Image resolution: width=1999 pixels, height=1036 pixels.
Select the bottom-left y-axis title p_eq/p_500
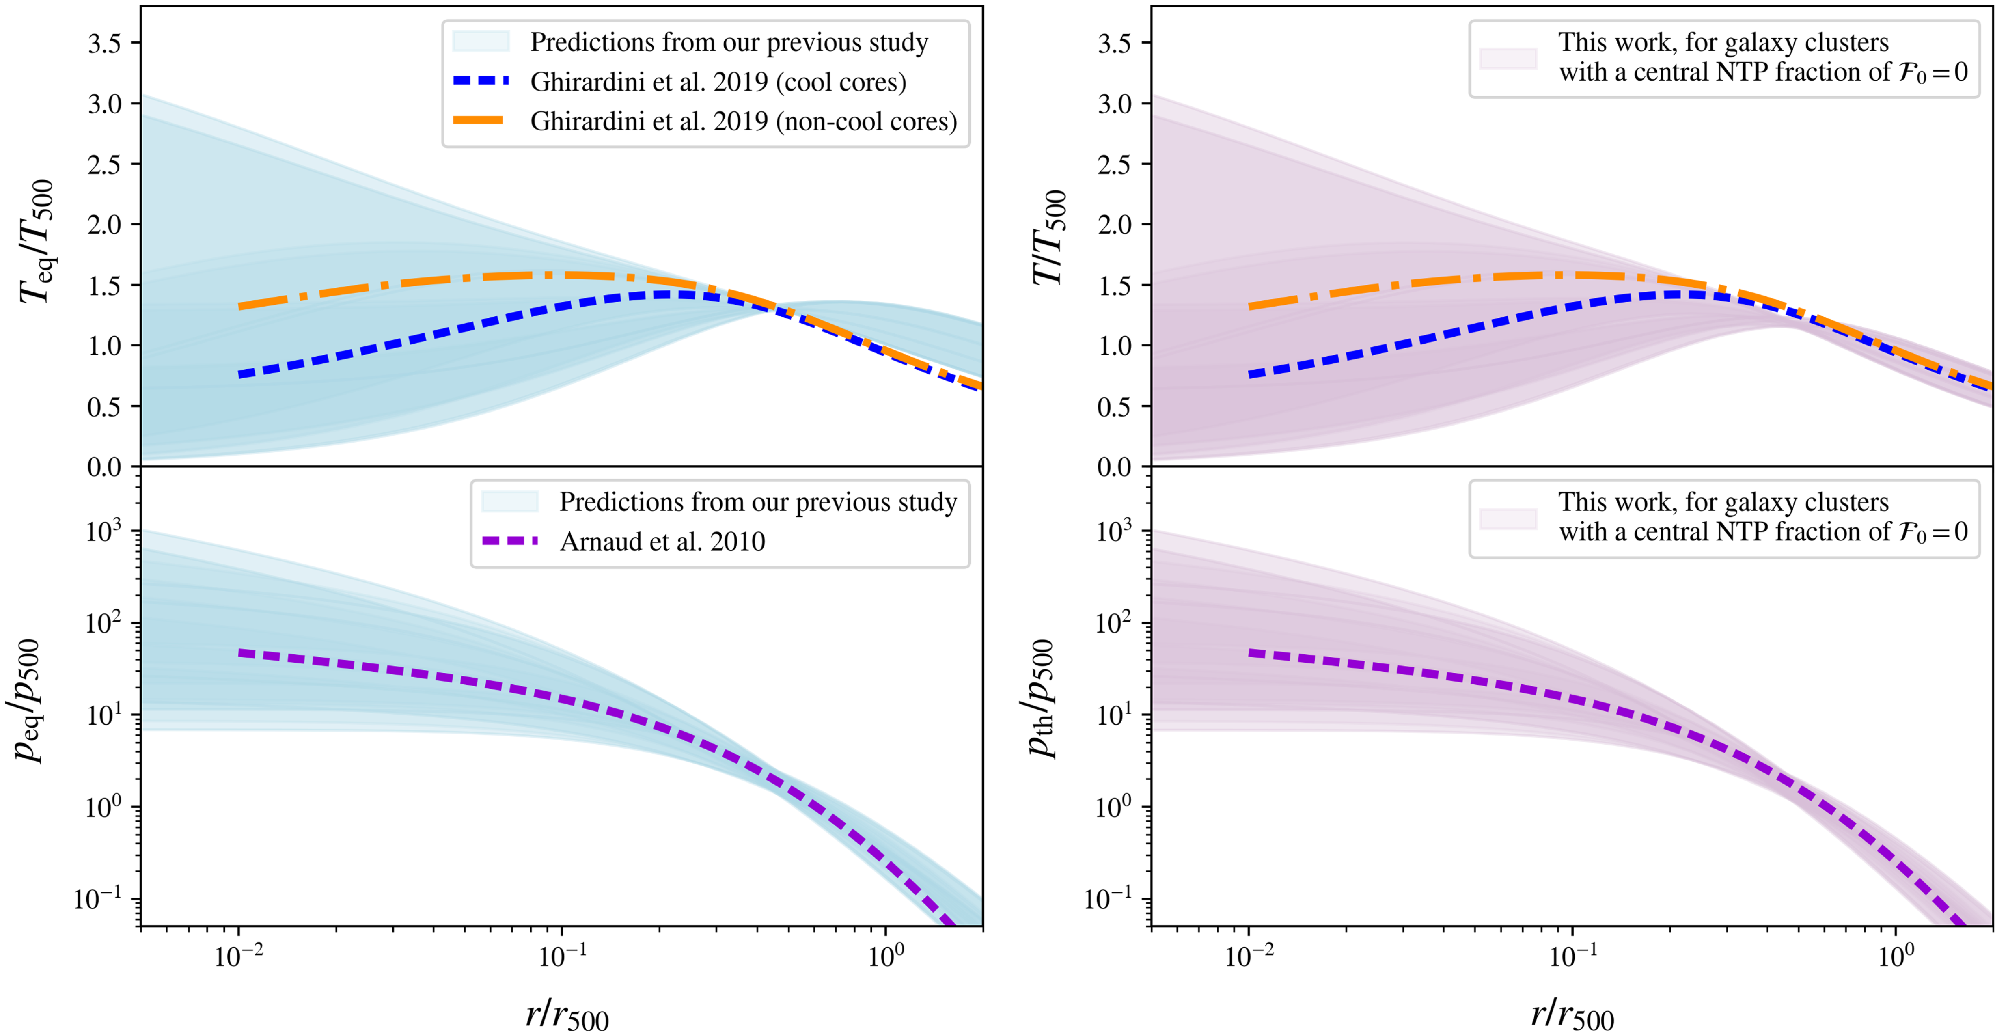coord(30,701)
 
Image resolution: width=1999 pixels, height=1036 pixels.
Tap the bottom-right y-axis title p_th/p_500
coord(1040,699)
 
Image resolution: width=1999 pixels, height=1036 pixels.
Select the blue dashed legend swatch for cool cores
coord(481,81)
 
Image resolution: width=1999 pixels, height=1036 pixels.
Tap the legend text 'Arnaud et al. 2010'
coord(662,541)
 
